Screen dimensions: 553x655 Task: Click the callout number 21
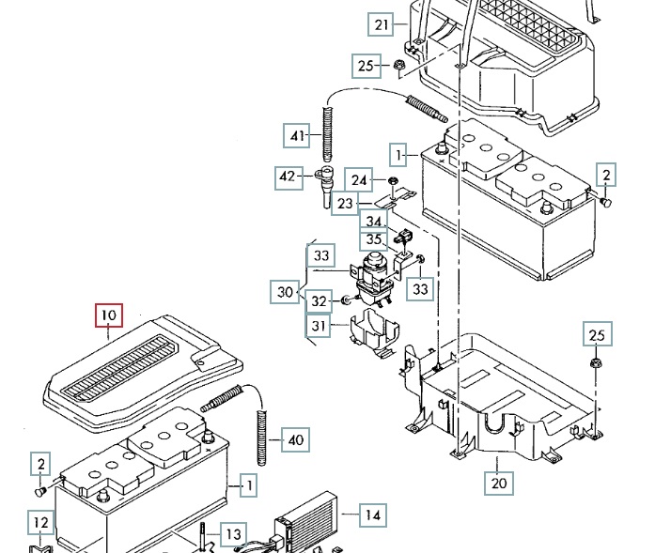click(381, 25)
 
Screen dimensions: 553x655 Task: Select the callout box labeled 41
click(299, 136)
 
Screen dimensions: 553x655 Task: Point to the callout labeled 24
click(359, 179)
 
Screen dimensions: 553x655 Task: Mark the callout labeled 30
click(286, 292)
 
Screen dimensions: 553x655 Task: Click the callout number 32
click(320, 301)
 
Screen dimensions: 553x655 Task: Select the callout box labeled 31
click(320, 326)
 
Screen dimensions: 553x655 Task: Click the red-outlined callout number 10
click(108, 315)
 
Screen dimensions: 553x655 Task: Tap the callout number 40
click(295, 439)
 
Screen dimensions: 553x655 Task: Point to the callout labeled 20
click(499, 484)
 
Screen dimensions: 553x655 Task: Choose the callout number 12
click(39, 522)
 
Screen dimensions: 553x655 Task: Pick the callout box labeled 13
click(232, 533)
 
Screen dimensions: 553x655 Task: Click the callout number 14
click(373, 515)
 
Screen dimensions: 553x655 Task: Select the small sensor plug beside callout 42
click(324, 178)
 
